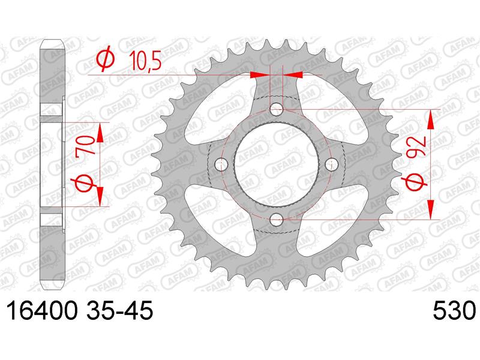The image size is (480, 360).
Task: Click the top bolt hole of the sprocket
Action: coord(277,109)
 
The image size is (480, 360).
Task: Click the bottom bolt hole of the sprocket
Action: coord(277,219)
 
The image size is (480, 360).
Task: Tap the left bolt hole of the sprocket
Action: coord(221,164)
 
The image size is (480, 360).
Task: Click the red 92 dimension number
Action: coord(418,146)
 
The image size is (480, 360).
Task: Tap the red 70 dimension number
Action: coord(85,146)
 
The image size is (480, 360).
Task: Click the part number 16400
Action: coord(41,310)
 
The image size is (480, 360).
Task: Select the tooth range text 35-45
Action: coord(119,310)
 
